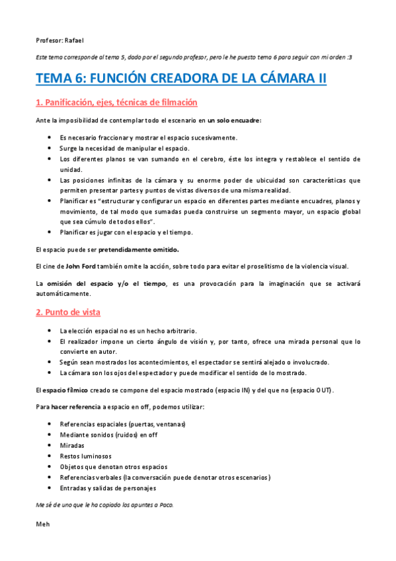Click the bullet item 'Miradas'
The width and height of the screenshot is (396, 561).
(x=71, y=445)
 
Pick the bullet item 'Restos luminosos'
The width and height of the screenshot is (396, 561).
(x=85, y=456)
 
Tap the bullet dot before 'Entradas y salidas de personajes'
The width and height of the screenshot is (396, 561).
(x=50, y=488)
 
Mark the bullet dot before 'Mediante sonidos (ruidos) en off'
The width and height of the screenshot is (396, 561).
(x=50, y=435)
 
